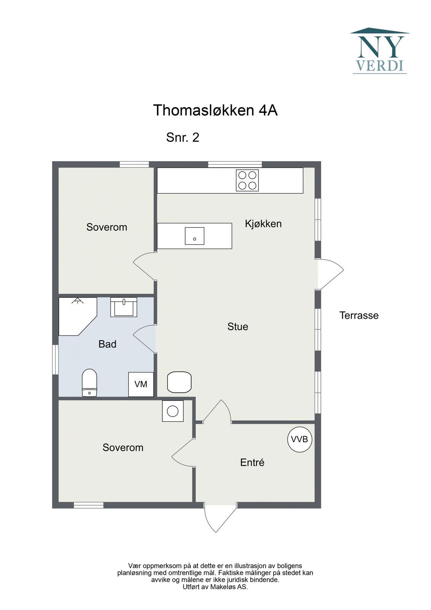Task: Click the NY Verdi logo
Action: pyautogui.click(x=380, y=51)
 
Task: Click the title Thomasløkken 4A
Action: pyautogui.click(x=215, y=110)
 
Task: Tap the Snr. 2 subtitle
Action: pyautogui.click(x=183, y=137)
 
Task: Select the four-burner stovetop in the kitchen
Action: pyautogui.click(x=247, y=180)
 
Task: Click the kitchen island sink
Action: pyautogui.click(x=194, y=236)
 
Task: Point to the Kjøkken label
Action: pyautogui.click(x=263, y=224)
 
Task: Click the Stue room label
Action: pyautogui.click(x=238, y=326)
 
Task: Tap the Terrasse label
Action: pyautogui.click(x=359, y=315)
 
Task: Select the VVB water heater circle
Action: pyautogui.click(x=300, y=439)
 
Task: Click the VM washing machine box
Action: pyautogui.click(x=141, y=384)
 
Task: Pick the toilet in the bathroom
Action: pyautogui.click(x=89, y=383)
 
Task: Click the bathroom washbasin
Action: pyautogui.click(x=123, y=307)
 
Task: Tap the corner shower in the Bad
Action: pyautogui.click(x=78, y=316)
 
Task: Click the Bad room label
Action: pyautogui.click(x=107, y=344)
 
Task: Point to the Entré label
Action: pyautogui.click(x=252, y=462)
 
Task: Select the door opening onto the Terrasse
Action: pyautogui.click(x=330, y=274)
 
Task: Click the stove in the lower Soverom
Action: pyautogui.click(x=173, y=411)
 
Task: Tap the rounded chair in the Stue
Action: pyautogui.click(x=179, y=382)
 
